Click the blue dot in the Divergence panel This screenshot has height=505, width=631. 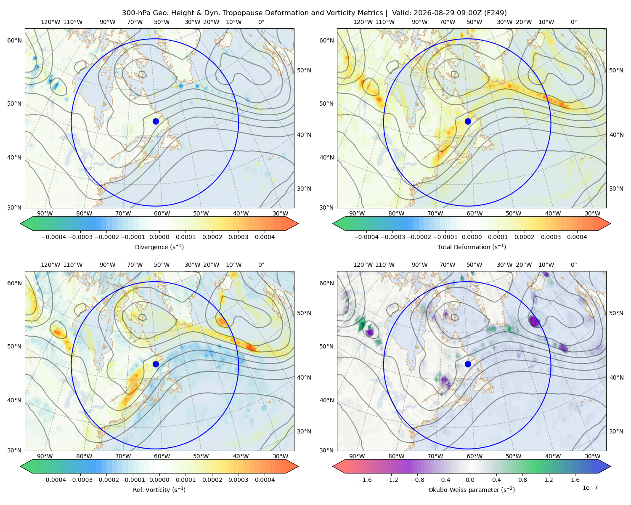click(156, 122)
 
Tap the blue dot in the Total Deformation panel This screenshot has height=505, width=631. click(468, 122)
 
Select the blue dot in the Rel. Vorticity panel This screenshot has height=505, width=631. click(156, 364)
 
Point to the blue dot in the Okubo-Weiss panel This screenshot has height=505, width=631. click(468, 364)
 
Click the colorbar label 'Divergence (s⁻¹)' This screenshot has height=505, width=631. click(159, 247)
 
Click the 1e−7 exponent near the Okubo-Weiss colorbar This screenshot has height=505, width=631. click(590, 488)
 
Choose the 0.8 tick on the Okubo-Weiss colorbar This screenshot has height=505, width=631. click(522, 480)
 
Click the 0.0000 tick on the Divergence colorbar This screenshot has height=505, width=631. click(159, 237)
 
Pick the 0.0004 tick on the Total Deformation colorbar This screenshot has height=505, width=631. click(577, 237)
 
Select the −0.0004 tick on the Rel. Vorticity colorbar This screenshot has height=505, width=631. click(54, 480)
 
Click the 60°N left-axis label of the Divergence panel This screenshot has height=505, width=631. click(14, 40)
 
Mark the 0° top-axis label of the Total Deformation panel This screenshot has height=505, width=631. click(573, 22)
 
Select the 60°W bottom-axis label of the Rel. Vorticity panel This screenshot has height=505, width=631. click(162, 456)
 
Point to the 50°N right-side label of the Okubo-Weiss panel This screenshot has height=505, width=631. click(616, 313)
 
